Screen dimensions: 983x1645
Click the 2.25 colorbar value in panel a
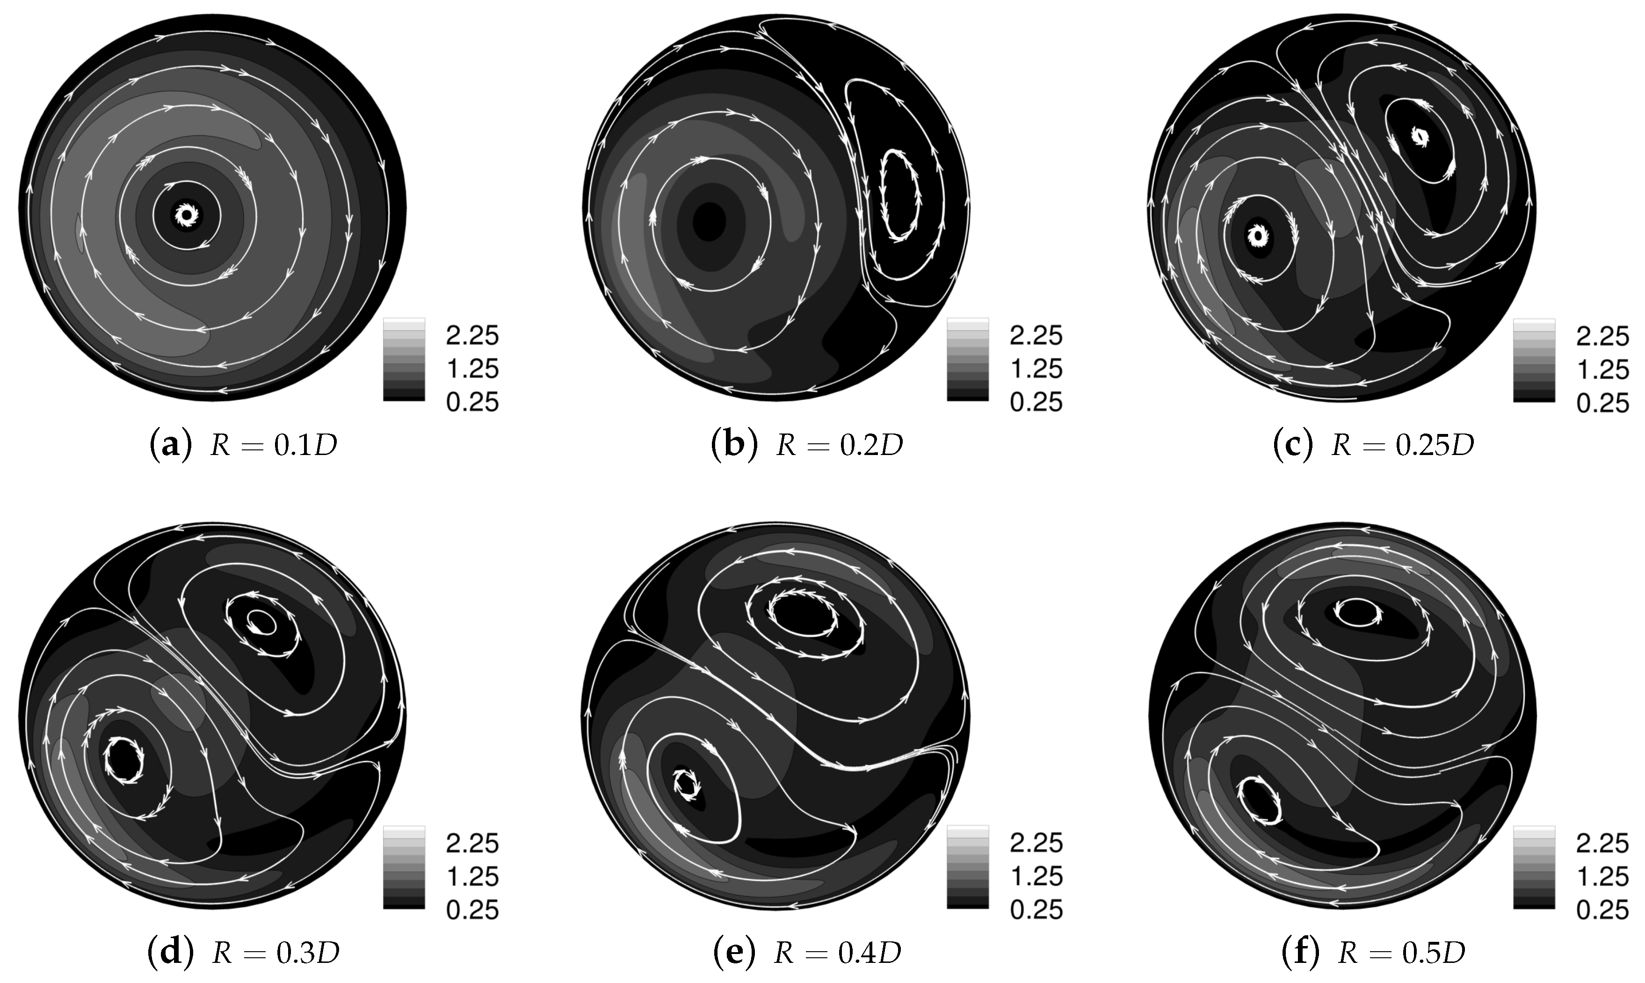[x=471, y=336]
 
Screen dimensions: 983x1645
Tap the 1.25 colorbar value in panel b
[x=1036, y=369]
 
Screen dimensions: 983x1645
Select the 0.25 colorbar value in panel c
[x=1602, y=403]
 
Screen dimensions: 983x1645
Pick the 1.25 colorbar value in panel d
[x=471, y=876]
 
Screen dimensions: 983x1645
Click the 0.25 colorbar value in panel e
[x=1036, y=910]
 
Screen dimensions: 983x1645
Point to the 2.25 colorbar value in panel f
[x=1602, y=843]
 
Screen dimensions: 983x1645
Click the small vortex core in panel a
[x=186, y=214]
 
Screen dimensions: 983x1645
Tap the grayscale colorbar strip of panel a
[x=404, y=359]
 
